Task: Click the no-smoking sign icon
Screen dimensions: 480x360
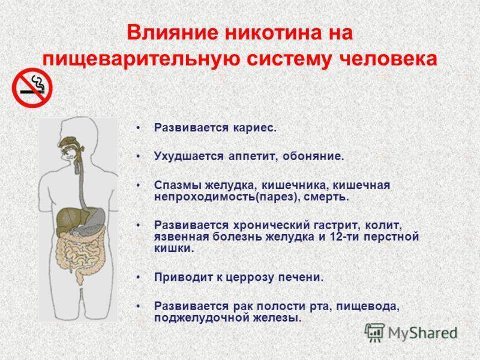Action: pos(32,88)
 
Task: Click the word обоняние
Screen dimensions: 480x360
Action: pos(313,157)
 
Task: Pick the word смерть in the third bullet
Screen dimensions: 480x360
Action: pos(326,197)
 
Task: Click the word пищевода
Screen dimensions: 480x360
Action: pos(368,307)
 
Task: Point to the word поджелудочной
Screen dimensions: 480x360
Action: pos(201,318)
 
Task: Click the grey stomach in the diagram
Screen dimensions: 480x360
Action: pos(94,220)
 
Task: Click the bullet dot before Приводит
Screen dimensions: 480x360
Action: pos(139,278)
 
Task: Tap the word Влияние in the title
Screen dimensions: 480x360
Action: pos(173,33)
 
